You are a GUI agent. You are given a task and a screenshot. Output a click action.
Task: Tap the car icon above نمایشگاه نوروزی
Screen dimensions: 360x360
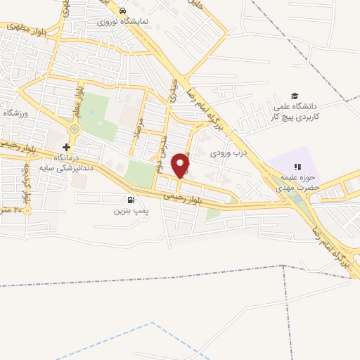tap(122, 11)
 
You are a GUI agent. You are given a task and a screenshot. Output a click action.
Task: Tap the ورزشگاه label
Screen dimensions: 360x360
tap(15, 112)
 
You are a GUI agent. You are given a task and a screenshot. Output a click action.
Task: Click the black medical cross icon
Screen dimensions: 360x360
tap(67, 147)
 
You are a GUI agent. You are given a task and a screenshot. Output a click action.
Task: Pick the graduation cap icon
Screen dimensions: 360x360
tap(295, 96)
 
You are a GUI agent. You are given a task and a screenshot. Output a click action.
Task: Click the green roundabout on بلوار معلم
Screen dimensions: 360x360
tap(75, 129)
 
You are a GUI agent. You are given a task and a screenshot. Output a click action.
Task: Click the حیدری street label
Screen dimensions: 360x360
tap(172, 92)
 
